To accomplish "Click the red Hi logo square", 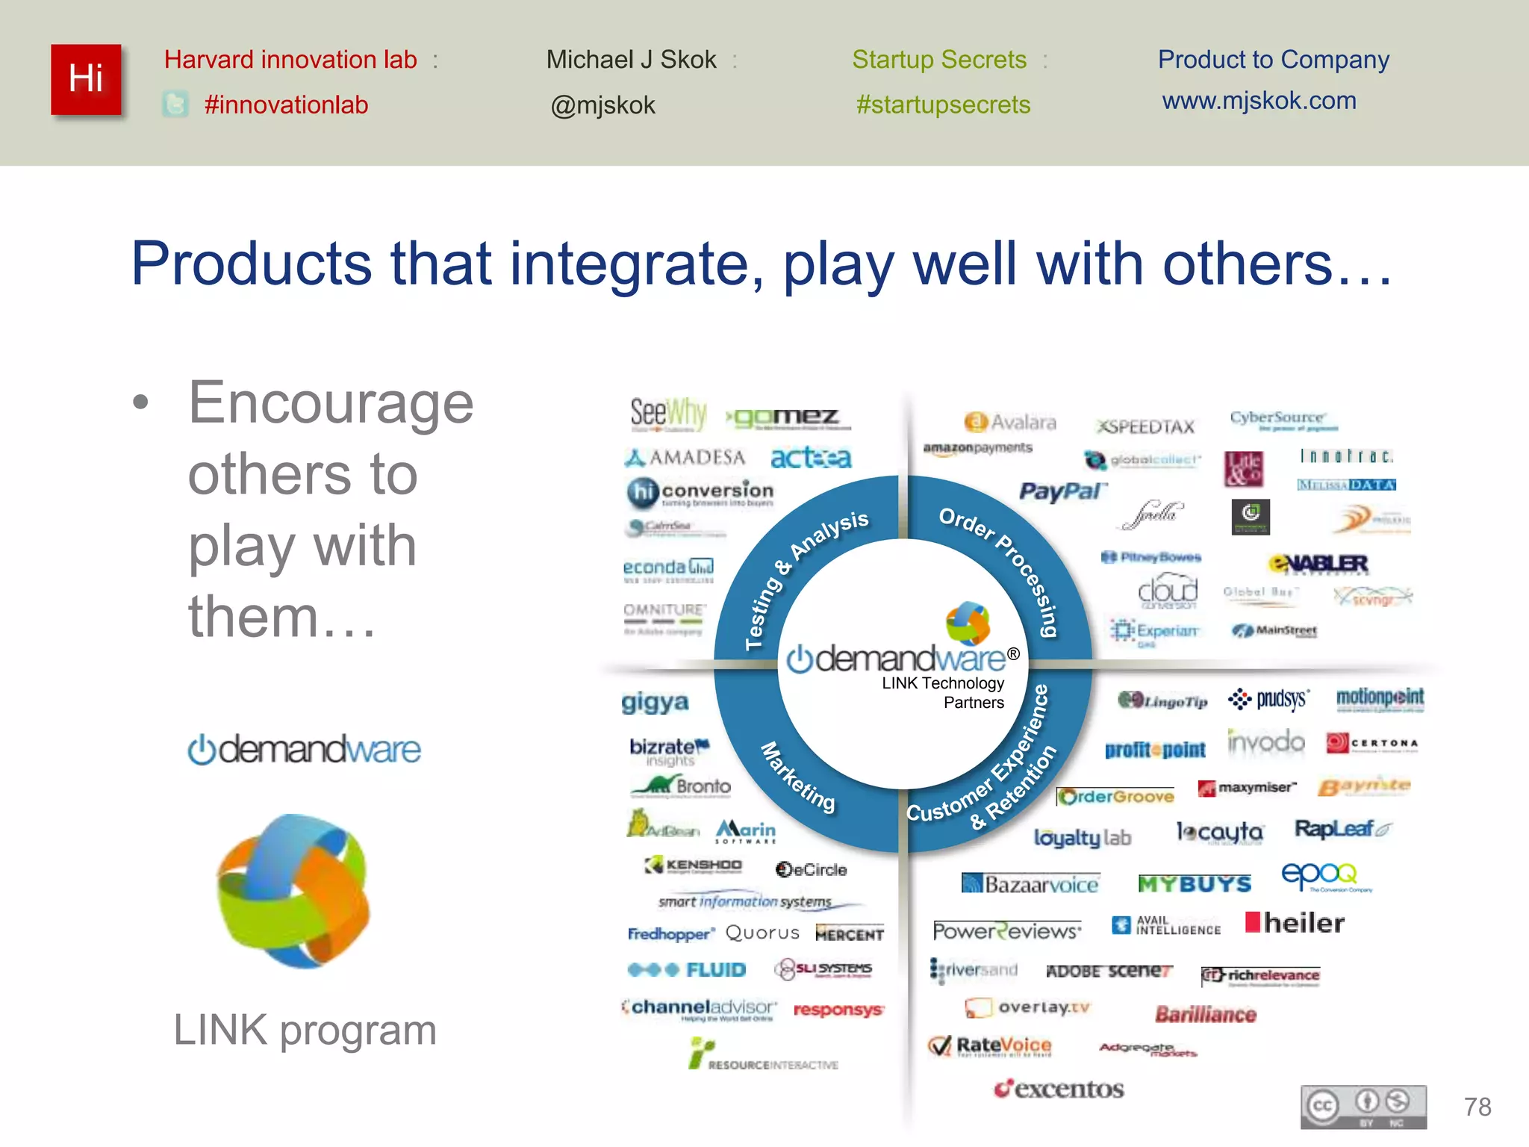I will point(86,79).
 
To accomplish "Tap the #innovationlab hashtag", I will point(286,105).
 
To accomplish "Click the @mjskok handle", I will point(602,105).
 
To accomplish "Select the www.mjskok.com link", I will point(1259,101).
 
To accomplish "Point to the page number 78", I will point(1477,1106).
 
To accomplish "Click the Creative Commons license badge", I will point(1363,1107).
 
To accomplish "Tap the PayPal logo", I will point(1062,491).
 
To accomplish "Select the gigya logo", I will point(655,702).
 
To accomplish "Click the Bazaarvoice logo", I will point(1031,884).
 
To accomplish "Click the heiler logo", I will point(1295,923).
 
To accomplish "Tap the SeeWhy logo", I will point(667,413).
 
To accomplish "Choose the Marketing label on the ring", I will point(797,777).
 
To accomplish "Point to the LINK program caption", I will point(305,1030).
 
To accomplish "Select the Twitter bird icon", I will point(175,105).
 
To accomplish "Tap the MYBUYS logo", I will point(1194,884).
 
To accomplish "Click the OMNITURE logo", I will point(664,617).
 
